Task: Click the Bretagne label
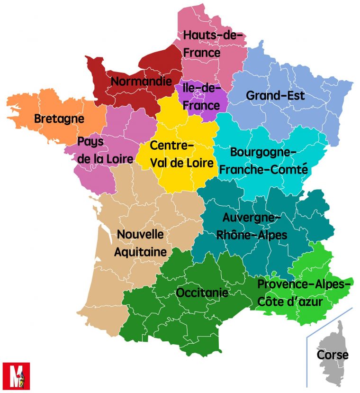click(x=59, y=119)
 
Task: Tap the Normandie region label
click(x=141, y=82)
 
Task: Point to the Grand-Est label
click(x=275, y=95)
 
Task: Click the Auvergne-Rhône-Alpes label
click(x=252, y=226)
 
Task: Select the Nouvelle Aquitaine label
click(x=140, y=243)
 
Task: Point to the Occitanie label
click(x=202, y=293)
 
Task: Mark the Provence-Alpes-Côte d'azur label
click(x=303, y=292)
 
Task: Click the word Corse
click(x=332, y=355)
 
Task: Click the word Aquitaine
click(x=140, y=252)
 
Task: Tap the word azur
click(x=323, y=302)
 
